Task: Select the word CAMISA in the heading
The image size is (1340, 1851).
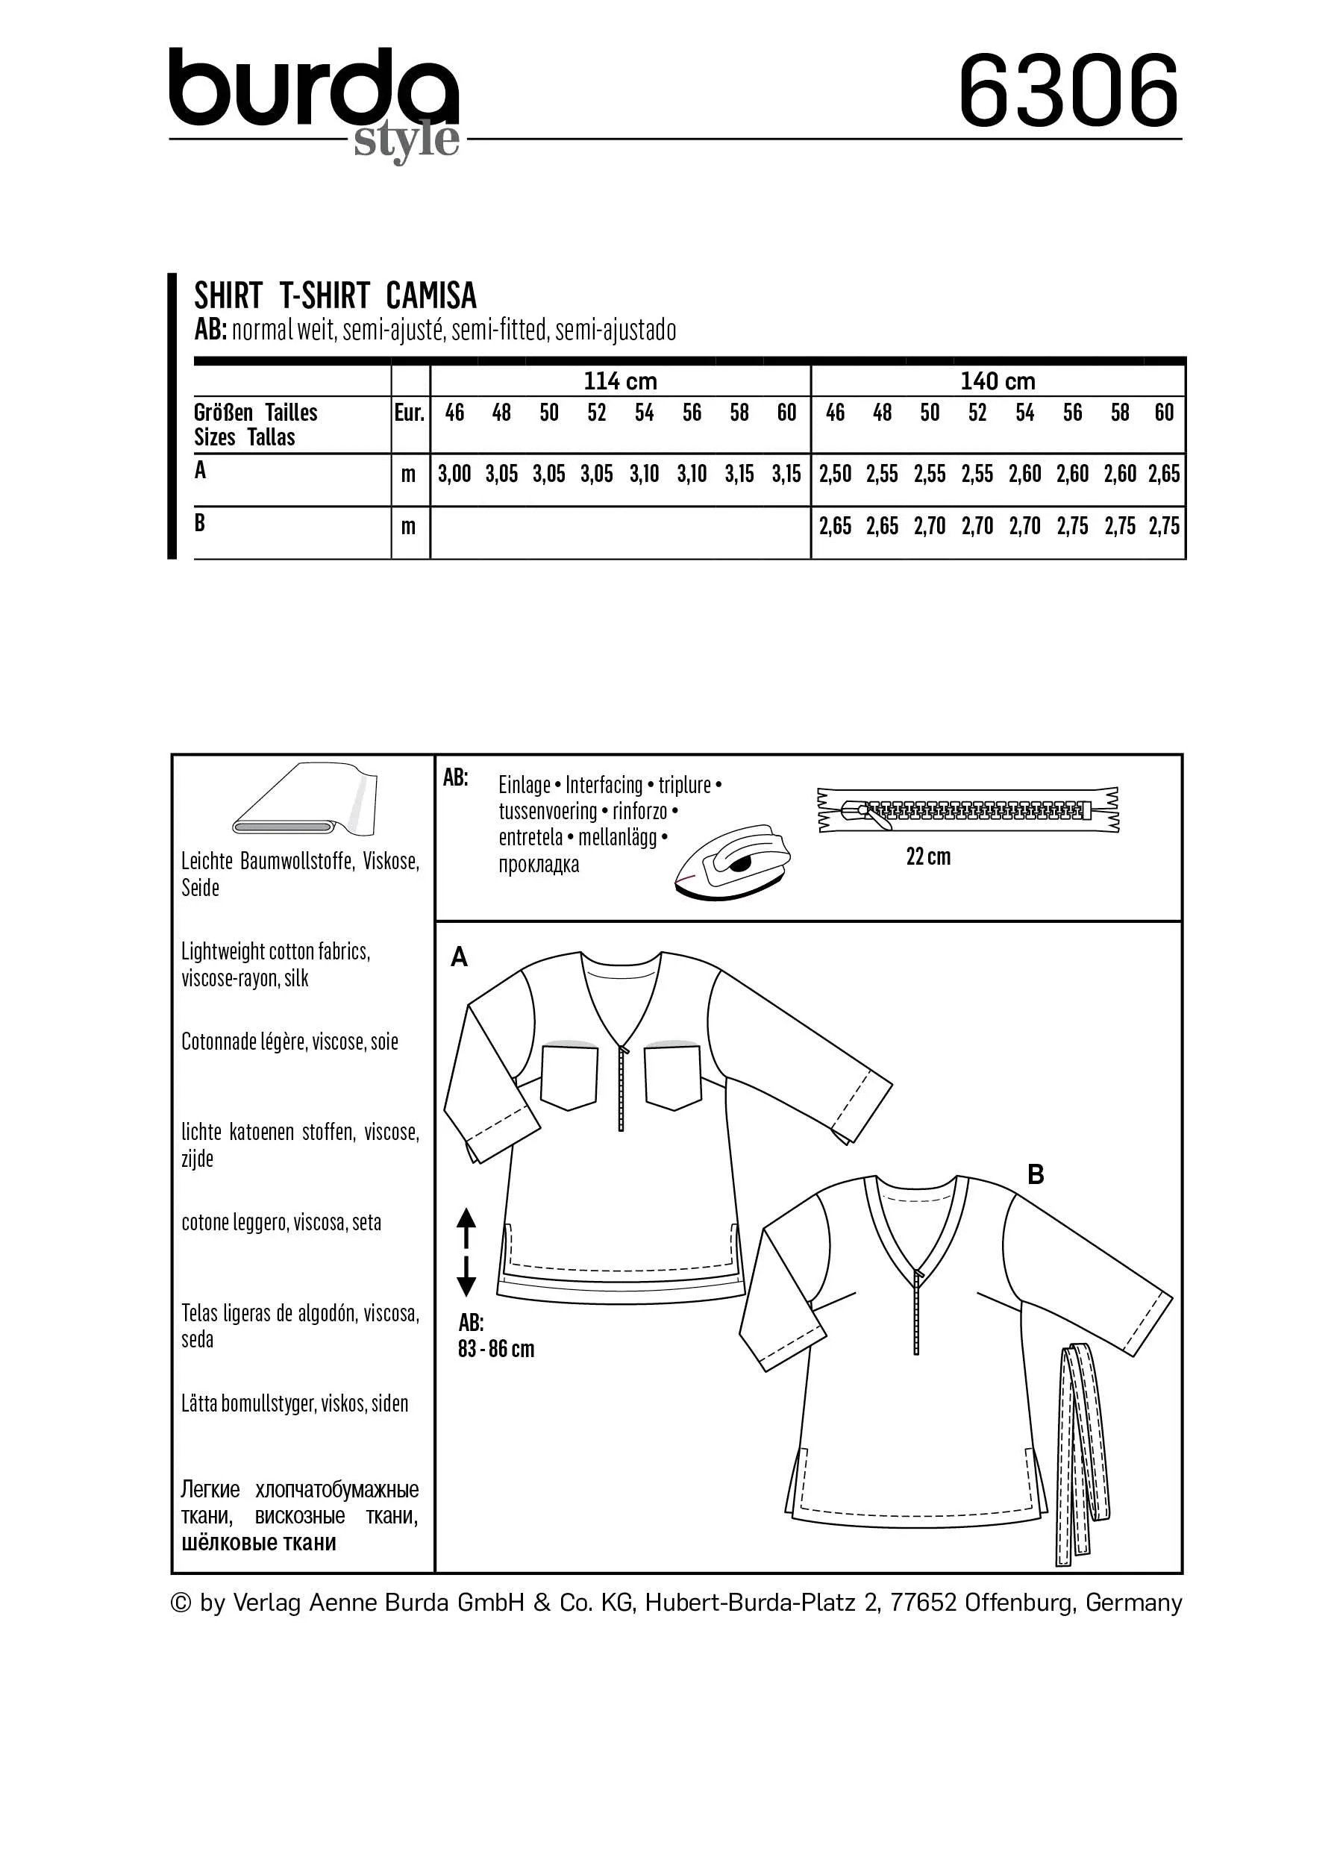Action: tap(431, 295)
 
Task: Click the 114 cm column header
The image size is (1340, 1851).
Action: tap(620, 381)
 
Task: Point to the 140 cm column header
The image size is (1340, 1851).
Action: tap(998, 381)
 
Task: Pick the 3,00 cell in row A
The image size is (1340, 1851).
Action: tap(454, 475)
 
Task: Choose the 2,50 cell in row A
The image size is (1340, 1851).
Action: tap(835, 475)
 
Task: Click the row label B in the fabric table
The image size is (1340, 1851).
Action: tap(200, 523)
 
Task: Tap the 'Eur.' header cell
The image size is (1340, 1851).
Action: tap(410, 413)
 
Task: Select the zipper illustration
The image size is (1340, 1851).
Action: tap(968, 810)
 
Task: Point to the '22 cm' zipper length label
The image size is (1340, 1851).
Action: tap(928, 856)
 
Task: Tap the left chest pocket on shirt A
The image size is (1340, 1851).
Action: tap(569, 1077)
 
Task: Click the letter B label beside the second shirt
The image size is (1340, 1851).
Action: tap(1036, 1174)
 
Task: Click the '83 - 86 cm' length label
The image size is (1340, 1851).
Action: tap(495, 1349)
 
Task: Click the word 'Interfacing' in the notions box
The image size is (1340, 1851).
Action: tap(604, 785)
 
